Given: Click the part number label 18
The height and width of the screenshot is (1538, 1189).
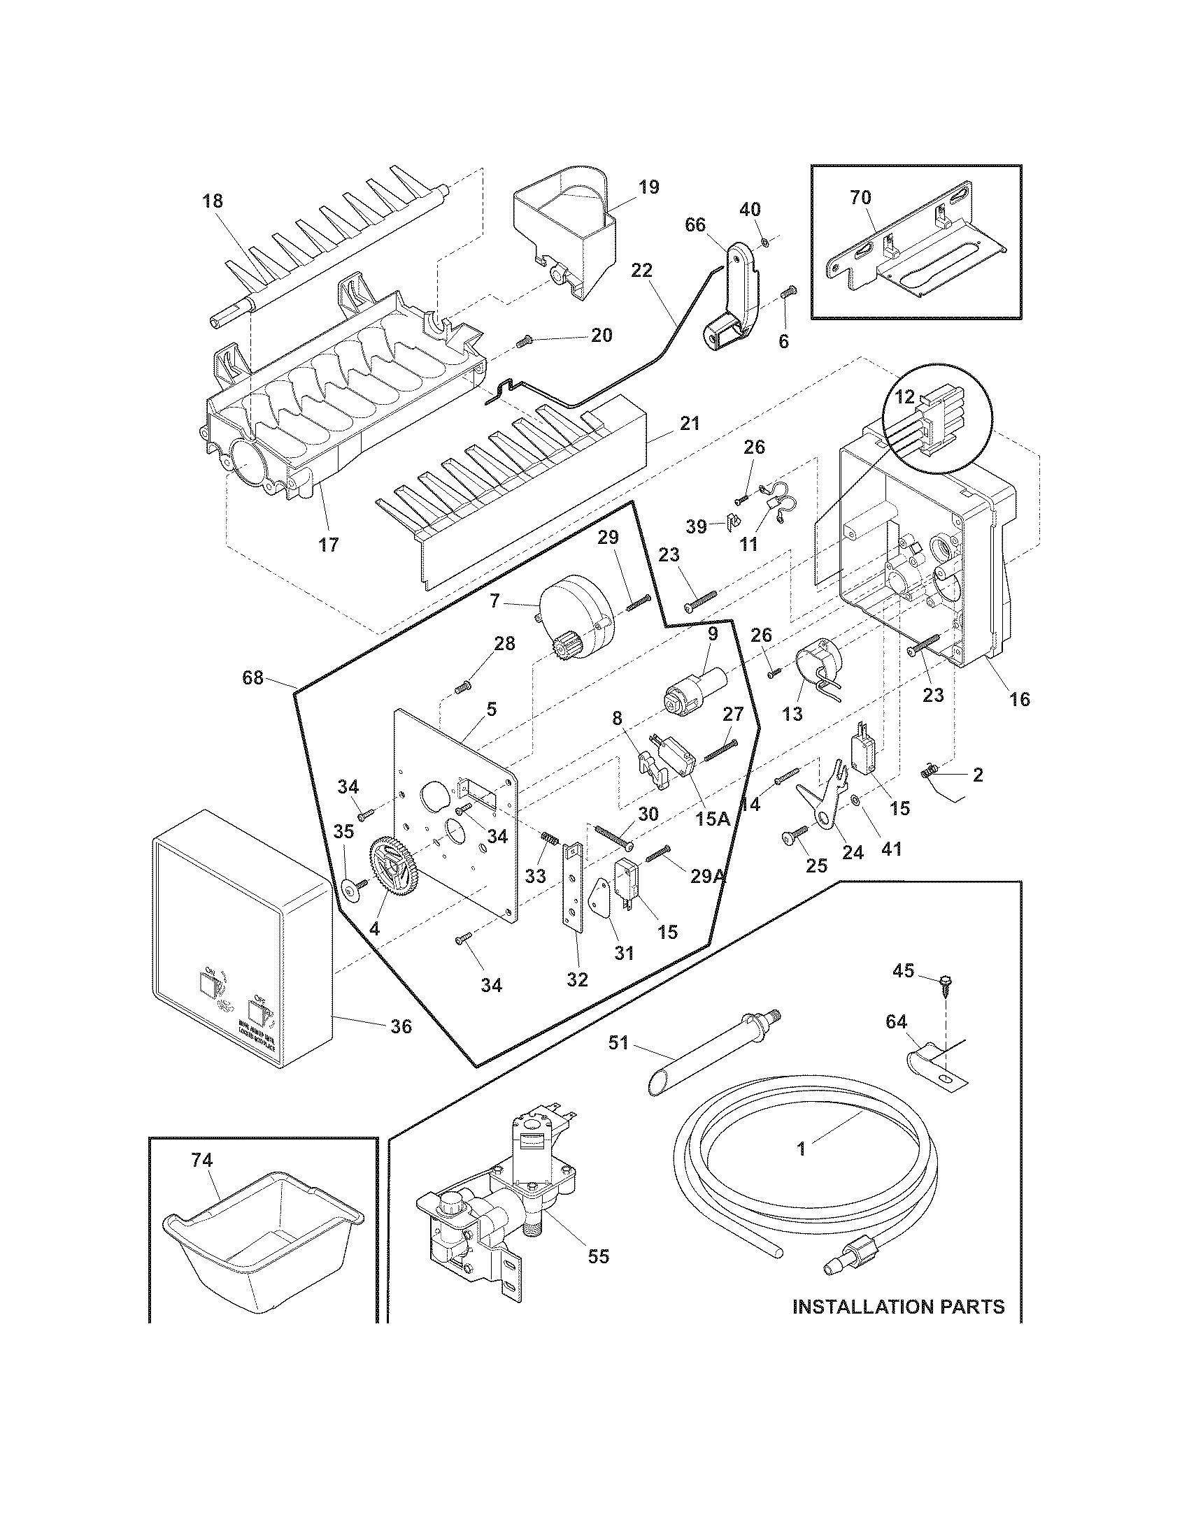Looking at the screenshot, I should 212,201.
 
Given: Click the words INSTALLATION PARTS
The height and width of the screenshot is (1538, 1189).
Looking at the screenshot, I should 898,1307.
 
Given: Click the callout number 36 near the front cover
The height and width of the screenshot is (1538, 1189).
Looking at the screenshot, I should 401,1027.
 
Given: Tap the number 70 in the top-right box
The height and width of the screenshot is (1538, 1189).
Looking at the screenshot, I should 860,198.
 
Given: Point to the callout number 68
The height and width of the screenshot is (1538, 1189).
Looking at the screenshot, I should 253,678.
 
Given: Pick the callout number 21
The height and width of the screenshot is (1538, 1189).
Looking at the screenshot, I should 690,424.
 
